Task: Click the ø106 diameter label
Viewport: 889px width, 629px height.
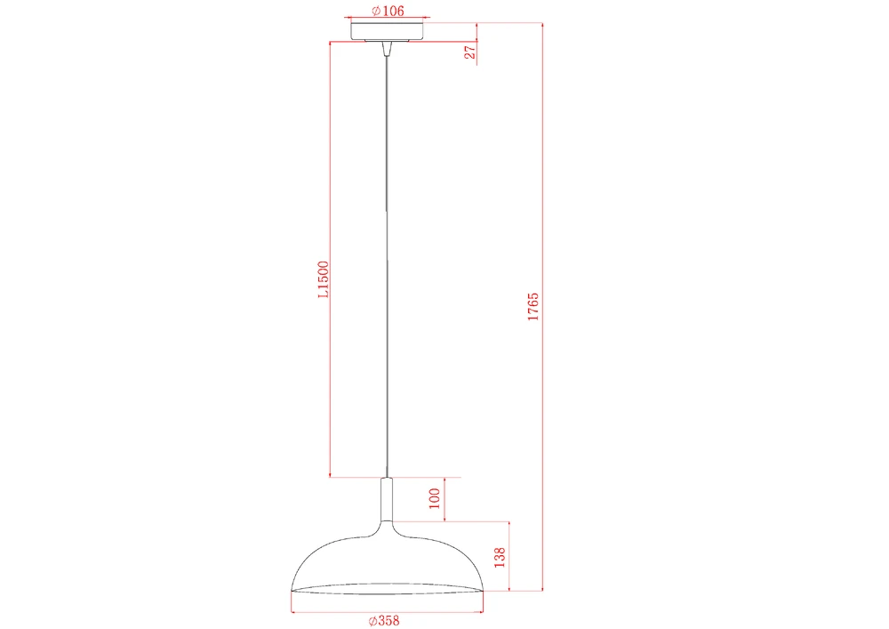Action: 388,10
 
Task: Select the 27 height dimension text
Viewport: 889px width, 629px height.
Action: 470,52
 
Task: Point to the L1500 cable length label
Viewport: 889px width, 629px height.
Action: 323,279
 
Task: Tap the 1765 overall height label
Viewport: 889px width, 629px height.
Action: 533,307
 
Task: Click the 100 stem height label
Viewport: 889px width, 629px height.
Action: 435,498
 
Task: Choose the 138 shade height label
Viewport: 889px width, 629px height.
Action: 500,558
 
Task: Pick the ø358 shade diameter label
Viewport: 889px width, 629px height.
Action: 384,620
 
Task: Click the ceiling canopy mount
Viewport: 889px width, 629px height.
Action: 388,31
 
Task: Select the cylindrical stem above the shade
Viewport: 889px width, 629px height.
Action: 388,499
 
